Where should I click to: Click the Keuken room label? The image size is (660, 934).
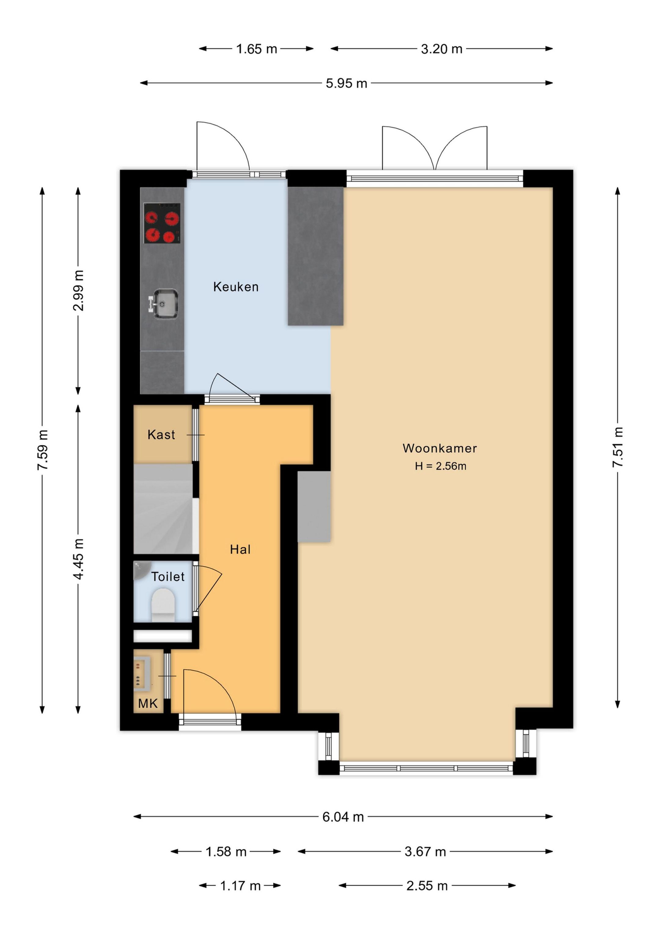[x=236, y=287]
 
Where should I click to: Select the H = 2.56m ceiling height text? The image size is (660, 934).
[x=440, y=466]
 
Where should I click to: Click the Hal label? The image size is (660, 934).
[x=240, y=550]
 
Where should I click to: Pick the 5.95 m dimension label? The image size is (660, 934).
[x=346, y=83]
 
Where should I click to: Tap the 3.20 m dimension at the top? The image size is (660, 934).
[x=441, y=49]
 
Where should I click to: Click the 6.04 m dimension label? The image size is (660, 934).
[x=343, y=817]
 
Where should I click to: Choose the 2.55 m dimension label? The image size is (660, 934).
[x=427, y=886]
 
